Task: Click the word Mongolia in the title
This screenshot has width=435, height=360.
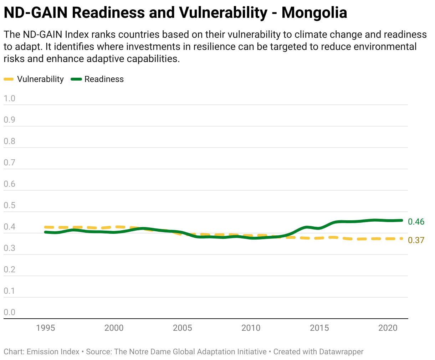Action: (314, 13)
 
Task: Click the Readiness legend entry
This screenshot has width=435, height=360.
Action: (97, 79)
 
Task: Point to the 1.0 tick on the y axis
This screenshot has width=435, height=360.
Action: (9, 98)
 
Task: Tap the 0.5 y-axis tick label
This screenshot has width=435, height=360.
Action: (9, 205)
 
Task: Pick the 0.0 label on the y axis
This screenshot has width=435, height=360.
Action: (9, 312)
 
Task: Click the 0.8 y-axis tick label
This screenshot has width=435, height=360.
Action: (9, 141)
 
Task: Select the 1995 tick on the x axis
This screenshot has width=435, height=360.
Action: (45, 328)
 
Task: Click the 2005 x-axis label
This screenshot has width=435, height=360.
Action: (182, 328)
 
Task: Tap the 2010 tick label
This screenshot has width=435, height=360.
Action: (251, 328)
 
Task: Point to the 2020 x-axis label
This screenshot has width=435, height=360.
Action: (388, 328)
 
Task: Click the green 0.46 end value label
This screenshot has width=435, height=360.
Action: (416, 222)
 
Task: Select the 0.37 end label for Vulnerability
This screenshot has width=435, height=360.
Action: (416, 240)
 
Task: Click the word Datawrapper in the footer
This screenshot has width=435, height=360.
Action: (341, 352)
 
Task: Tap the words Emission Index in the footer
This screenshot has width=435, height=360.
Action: (53, 352)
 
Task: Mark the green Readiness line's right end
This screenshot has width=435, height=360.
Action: (402, 220)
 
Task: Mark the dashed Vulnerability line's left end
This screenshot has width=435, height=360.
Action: (45, 227)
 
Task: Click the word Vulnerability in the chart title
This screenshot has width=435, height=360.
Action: (223, 13)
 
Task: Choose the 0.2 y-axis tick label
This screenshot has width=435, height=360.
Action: (9, 269)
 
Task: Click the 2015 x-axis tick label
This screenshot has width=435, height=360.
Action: (319, 328)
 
